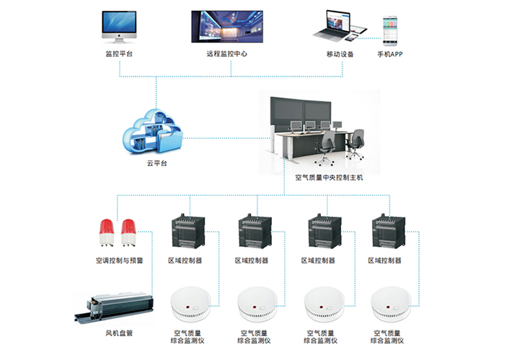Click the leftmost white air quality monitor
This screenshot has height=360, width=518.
coord(188,305)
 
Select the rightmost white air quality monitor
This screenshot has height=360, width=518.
coord(389,305)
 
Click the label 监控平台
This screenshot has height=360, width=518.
coord(119,54)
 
